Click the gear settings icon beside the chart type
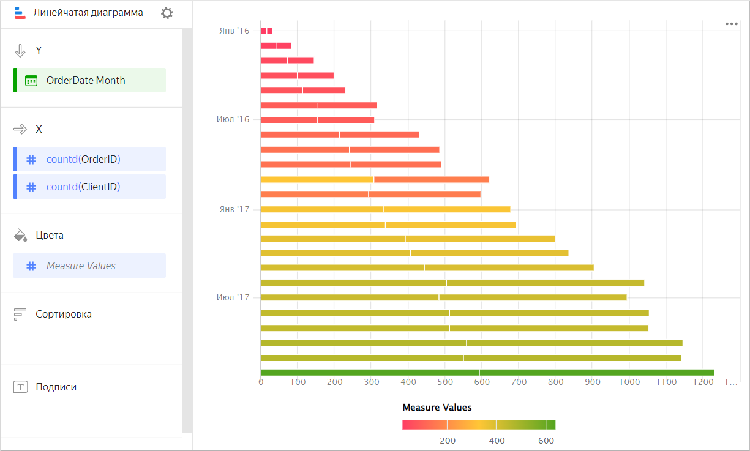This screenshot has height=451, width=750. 167,13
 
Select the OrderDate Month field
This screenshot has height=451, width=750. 86,80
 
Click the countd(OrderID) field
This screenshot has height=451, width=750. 83,159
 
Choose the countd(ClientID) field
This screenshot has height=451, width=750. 83,187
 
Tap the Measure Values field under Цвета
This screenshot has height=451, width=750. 81,266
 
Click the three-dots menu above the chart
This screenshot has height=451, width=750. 731,24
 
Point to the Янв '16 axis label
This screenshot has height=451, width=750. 234,31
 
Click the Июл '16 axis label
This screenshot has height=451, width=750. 233,119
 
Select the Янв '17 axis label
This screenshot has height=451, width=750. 234,209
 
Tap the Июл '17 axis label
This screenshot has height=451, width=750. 233,297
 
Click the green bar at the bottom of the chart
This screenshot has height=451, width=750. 487,372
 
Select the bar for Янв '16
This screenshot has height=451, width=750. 266,31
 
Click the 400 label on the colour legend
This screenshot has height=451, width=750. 497,441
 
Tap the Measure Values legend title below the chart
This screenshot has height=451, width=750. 437,407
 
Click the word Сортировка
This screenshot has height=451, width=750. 64,314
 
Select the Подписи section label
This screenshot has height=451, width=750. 56,387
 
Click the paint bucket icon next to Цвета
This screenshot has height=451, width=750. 20,235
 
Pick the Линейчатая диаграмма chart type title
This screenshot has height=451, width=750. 88,12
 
